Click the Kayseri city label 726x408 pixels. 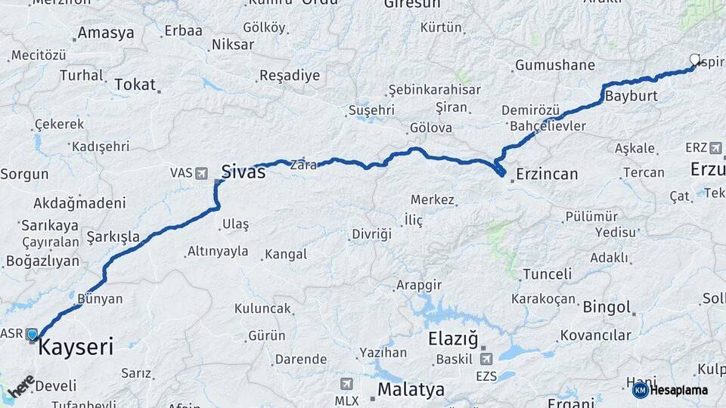point(76,348)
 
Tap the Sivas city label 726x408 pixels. point(243,172)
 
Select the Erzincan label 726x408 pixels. point(547,175)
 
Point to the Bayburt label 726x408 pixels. point(631,97)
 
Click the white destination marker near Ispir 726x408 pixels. point(696,60)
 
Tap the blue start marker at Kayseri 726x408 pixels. point(32,334)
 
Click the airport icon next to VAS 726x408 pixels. point(202,173)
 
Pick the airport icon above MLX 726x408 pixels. point(346,384)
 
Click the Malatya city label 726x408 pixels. point(411,390)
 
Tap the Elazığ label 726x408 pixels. point(454,339)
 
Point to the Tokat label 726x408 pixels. point(135,85)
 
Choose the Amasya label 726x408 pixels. point(106,33)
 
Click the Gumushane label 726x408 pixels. point(554,66)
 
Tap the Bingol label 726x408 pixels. point(607,308)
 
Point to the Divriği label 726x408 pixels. point(371,235)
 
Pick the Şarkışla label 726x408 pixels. point(113,237)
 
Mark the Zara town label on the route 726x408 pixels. point(304,165)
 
